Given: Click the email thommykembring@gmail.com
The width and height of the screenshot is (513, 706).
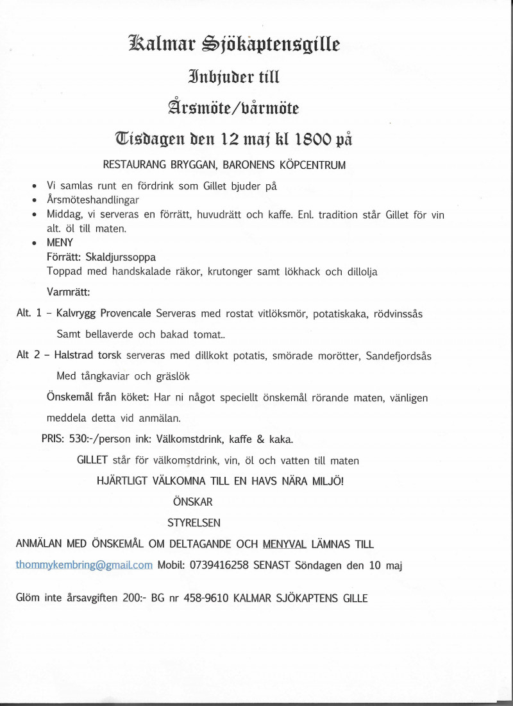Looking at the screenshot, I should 84,565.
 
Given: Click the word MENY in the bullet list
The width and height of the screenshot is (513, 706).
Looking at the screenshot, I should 61,243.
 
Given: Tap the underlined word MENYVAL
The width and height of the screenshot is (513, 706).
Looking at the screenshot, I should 285,544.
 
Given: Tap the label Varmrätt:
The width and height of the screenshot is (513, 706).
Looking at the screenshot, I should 69,293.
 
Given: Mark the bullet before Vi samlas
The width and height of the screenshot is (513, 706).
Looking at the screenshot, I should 33,185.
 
